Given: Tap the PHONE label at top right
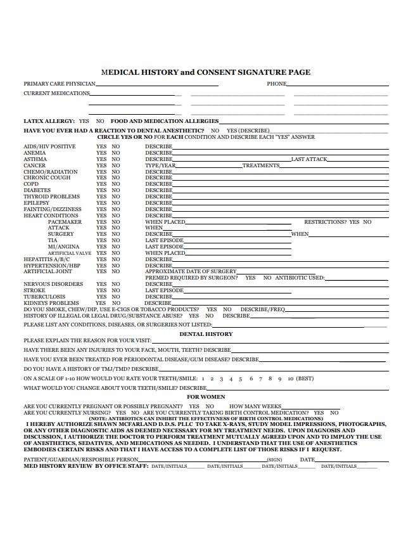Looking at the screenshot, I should pyautogui.click(x=276, y=84).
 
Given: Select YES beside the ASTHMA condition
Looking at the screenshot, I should pyautogui.click(x=101, y=159).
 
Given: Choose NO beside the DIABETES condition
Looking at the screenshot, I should pyautogui.click(x=116, y=190).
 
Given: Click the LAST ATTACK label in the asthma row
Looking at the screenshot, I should pyautogui.click(x=309, y=159).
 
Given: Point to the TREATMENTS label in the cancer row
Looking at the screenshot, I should pyautogui.click(x=260, y=165).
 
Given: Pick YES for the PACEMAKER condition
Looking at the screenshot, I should pyautogui.click(x=101, y=222).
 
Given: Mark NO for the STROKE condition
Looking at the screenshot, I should pyautogui.click(x=116, y=290).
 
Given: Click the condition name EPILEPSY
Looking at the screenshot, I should pyautogui.click(x=37, y=203).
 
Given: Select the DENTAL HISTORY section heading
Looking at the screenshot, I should pyautogui.click(x=206, y=334).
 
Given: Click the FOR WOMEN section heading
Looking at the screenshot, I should pyautogui.click(x=206, y=397).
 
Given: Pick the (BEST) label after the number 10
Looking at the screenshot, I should pyautogui.click(x=305, y=378).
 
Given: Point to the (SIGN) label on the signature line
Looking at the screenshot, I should pyautogui.click(x=274, y=460).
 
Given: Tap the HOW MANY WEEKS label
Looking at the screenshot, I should pyautogui.click(x=255, y=406).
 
